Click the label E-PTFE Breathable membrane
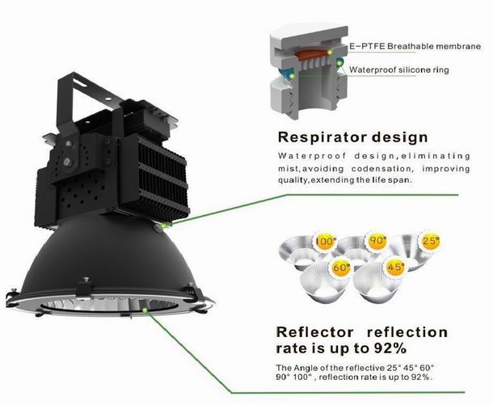pyautogui.click(x=415, y=47)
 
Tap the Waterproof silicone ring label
pyautogui.click(x=399, y=70)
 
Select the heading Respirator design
pyautogui.click(x=352, y=137)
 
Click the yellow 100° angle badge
pyautogui.click(x=325, y=242)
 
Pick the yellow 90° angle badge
pyautogui.click(x=377, y=241)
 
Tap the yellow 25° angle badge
pyautogui.click(x=431, y=241)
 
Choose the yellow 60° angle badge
pyautogui.click(x=341, y=268)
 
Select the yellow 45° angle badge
pyautogui.click(x=395, y=268)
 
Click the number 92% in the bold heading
pyautogui.click(x=390, y=348)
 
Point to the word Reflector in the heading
pyautogui.click(x=314, y=332)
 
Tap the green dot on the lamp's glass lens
pyautogui.click(x=145, y=310)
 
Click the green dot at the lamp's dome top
pyautogui.click(x=163, y=226)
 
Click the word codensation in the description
pyautogui.click(x=381, y=169)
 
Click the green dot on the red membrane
pyautogui.click(x=329, y=53)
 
